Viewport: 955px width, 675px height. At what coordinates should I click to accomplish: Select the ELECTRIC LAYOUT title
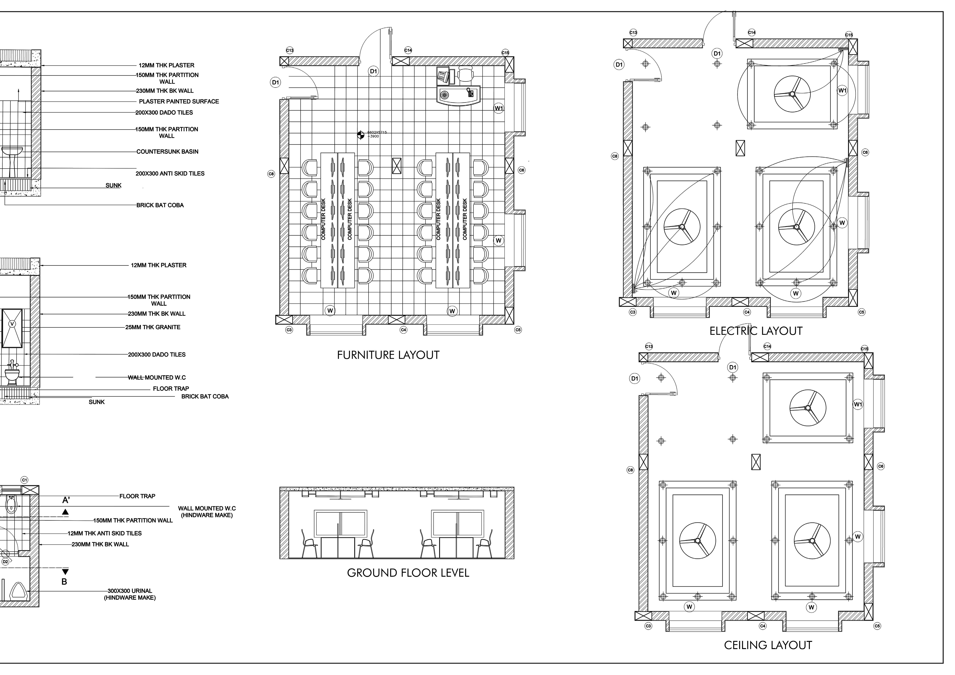(x=756, y=331)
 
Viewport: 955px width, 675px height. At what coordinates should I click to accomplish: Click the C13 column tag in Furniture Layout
(x=289, y=50)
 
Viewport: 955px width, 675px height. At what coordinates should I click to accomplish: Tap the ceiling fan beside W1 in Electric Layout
(x=792, y=94)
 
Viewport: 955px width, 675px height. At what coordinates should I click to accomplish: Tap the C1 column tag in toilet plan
(x=25, y=480)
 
